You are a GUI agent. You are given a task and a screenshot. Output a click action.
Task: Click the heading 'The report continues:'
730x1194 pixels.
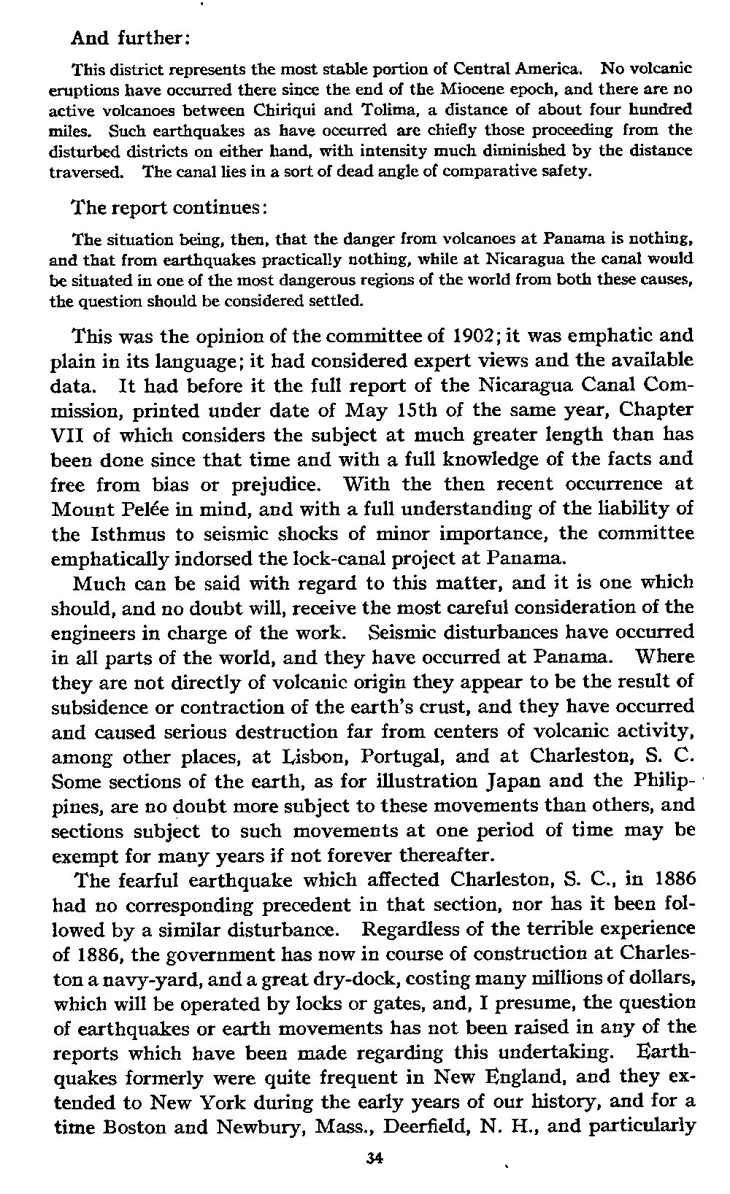(172, 207)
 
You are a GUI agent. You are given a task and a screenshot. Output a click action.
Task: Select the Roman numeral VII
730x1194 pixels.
(71, 435)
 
